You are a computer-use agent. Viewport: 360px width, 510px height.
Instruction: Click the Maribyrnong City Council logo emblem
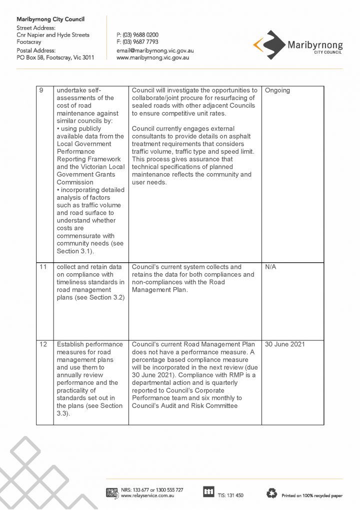[x=269, y=45]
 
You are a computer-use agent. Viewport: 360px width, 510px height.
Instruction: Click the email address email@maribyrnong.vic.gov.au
[x=155, y=51]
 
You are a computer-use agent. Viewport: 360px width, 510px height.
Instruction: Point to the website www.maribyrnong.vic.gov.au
[x=152, y=58]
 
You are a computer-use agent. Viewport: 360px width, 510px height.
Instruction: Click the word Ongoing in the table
[x=277, y=91]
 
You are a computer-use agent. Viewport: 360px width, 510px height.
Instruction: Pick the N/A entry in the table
[x=270, y=267]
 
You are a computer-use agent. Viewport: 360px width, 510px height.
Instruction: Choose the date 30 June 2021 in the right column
[x=284, y=344]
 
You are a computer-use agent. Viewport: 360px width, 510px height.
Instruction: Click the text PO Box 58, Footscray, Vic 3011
[x=55, y=58]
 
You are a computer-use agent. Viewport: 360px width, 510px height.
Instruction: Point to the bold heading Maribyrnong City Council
[x=50, y=19]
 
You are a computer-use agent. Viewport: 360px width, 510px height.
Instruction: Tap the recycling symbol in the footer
[x=272, y=493]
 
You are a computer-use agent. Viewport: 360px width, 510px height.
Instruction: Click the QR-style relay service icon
[x=112, y=493]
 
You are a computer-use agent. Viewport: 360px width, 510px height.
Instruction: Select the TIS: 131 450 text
[x=230, y=495]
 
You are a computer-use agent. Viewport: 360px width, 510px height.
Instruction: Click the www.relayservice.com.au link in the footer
[x=145, y=495]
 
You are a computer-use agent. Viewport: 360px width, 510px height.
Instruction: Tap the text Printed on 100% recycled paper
[x=312, y=495]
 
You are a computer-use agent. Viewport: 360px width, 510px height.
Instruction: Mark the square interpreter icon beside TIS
[x=208, y=492]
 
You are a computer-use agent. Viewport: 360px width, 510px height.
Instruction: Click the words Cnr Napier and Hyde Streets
[x=53, y=35]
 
